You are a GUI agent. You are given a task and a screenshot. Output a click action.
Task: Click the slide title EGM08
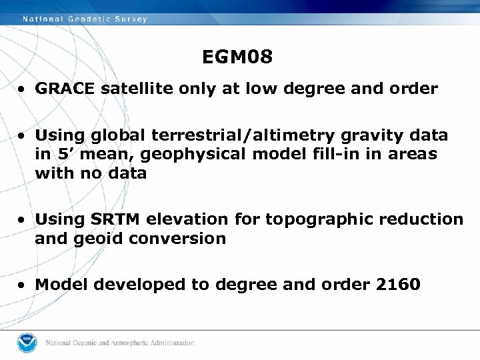tap(237, 58)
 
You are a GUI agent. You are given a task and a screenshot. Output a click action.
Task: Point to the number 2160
tap(398, 285)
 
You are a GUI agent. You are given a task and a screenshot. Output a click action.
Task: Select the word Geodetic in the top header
tap(91, 19)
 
